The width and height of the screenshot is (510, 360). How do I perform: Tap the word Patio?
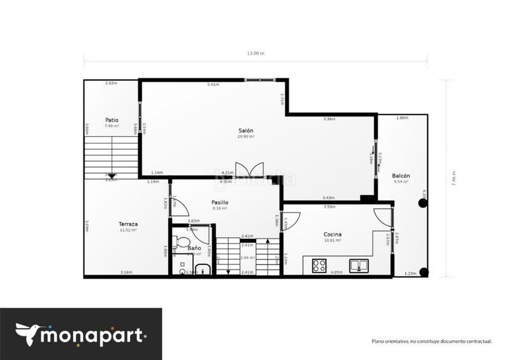point(112,120)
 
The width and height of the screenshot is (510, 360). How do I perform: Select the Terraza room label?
point(128,224)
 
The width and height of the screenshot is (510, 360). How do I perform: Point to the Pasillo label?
point(220,203)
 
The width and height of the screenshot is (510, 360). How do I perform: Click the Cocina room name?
point(332,234)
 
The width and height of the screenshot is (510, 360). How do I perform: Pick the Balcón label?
point(401,176)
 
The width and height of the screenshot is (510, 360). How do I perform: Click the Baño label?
point(194,247)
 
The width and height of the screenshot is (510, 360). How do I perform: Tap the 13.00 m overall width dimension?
point(255,54)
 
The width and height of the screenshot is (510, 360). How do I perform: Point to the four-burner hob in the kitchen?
point(319,266)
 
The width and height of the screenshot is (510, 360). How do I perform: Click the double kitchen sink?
point(359,266)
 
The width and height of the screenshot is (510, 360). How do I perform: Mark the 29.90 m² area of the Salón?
point(245,136)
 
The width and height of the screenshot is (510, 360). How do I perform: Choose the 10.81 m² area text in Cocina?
point(332,240)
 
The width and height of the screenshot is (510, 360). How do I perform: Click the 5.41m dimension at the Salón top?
point(214,84)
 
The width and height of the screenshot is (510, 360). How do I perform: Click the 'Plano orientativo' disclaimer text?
point(432,341)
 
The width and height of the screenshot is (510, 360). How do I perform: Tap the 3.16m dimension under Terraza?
point(126,273)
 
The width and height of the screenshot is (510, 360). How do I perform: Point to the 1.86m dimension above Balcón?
point(402,118)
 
